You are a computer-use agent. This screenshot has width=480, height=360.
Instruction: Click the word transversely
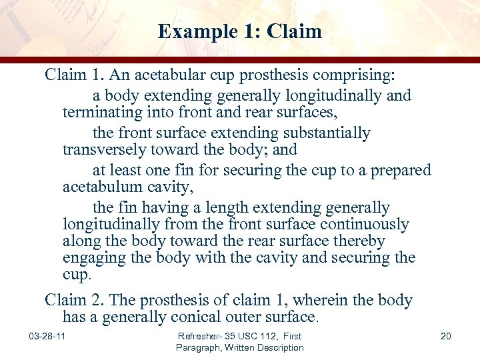pos(101,149)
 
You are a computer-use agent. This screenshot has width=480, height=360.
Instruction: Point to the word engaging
pos(91,258)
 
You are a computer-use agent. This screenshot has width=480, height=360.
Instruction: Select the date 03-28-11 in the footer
pos(47,336)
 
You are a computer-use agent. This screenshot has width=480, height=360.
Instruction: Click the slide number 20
pos(446,336)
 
